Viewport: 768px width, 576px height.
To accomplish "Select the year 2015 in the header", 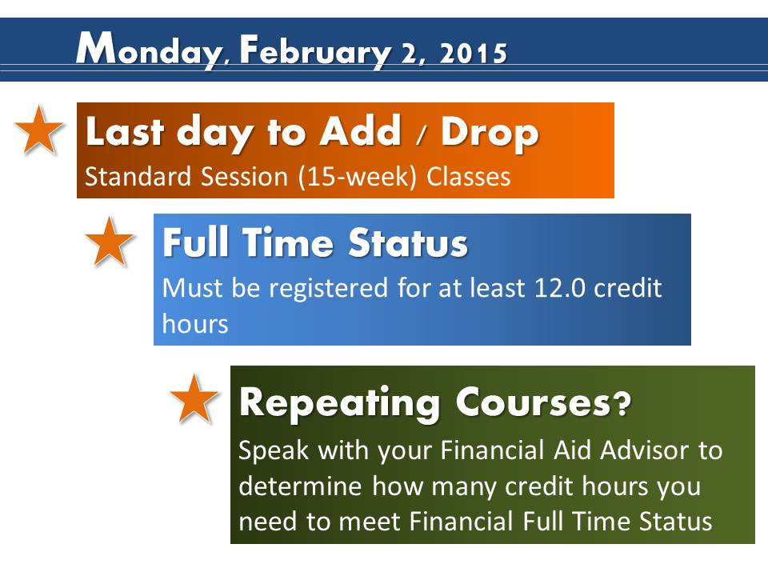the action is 473,54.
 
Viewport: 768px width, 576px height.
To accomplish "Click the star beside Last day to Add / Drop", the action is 39,130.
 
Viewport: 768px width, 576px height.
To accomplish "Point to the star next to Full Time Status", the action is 110,242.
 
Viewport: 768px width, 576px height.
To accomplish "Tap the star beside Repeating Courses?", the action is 194,398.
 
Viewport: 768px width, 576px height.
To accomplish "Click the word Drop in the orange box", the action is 490,134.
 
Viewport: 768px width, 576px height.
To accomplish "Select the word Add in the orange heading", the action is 361,130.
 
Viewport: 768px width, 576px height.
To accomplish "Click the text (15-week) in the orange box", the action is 358,177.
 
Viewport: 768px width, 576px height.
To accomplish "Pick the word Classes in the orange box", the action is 469,177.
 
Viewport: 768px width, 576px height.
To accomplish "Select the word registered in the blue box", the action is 329,289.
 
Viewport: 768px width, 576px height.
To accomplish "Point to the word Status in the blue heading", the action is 409,243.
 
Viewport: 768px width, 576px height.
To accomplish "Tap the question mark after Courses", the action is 622,402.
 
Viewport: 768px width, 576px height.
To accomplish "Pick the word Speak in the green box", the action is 274,450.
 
